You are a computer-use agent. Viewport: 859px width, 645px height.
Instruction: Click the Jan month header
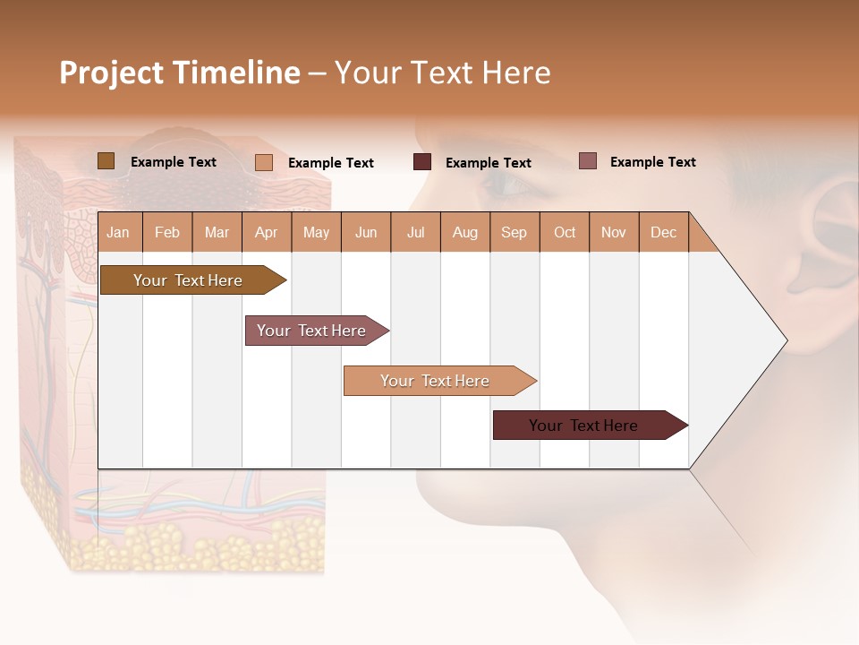[118, 232]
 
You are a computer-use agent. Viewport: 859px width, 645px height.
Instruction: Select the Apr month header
[266, 232]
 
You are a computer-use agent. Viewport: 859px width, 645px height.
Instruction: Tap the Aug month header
[464, 232]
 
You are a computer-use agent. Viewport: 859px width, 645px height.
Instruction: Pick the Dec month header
[663, 232]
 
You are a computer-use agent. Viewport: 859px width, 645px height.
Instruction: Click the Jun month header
[365, 232]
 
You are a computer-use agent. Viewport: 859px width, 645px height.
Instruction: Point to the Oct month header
[564, 232]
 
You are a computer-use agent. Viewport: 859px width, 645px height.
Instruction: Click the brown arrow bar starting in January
[188, 280]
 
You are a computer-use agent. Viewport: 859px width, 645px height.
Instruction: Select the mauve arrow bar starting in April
[311, 331]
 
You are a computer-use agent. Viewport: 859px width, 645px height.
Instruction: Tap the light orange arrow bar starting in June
[435, 381]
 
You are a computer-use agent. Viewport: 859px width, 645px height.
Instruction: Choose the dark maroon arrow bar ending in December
[583, 426]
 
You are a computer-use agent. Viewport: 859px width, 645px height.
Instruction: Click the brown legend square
[106, 161]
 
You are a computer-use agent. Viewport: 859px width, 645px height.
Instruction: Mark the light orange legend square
[263, 162]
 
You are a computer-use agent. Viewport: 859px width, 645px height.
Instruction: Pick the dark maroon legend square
[421, 162]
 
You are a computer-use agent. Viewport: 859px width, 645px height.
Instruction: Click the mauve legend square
[587, 161]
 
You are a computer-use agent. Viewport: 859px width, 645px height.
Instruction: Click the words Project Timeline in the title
[179, 73]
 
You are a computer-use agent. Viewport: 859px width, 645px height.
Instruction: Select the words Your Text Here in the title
[443, 73]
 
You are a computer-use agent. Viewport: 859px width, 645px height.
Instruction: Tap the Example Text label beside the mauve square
[652, 162]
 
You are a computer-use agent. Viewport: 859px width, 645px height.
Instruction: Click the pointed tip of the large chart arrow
[786, 340]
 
